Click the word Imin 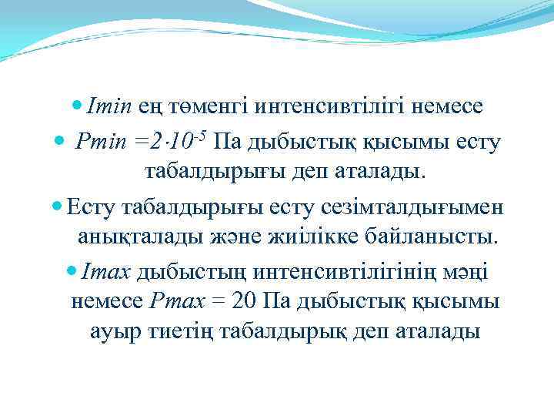point(112,106)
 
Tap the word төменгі point(205,106)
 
